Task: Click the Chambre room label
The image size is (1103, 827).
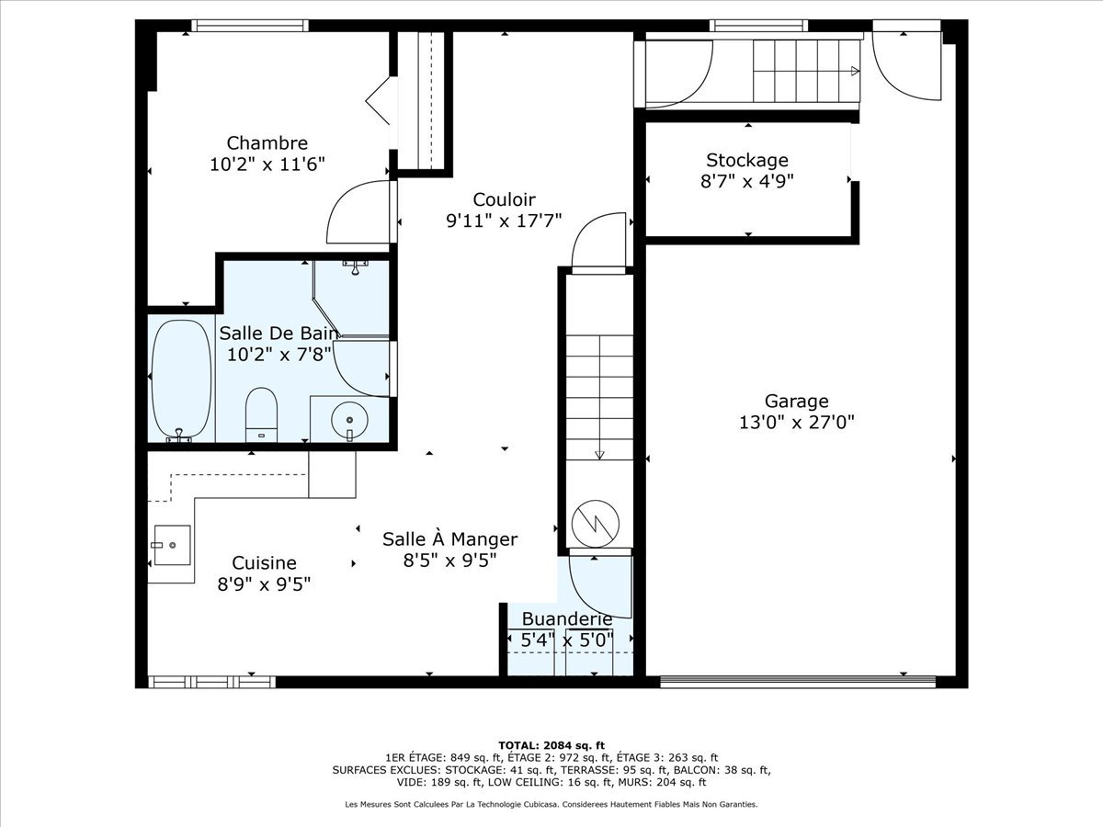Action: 267,143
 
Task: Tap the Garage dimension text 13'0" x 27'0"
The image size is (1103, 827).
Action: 797,423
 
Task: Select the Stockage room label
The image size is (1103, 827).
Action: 747,160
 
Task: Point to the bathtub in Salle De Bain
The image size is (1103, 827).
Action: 181,380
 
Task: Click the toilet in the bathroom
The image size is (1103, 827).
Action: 261,414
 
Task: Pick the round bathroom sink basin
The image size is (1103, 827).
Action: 349,420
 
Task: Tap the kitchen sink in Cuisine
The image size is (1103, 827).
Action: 172,545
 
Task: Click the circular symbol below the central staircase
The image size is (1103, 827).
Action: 596,524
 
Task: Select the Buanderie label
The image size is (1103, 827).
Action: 567,619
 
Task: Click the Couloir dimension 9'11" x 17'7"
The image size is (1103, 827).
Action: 504,221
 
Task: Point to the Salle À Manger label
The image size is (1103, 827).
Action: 449,539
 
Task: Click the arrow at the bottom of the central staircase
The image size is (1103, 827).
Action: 599,455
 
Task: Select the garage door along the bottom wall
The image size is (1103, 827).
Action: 798,682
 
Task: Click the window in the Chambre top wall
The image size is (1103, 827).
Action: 250,25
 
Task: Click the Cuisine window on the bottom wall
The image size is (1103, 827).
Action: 212,682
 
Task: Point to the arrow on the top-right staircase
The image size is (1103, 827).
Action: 855,72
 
